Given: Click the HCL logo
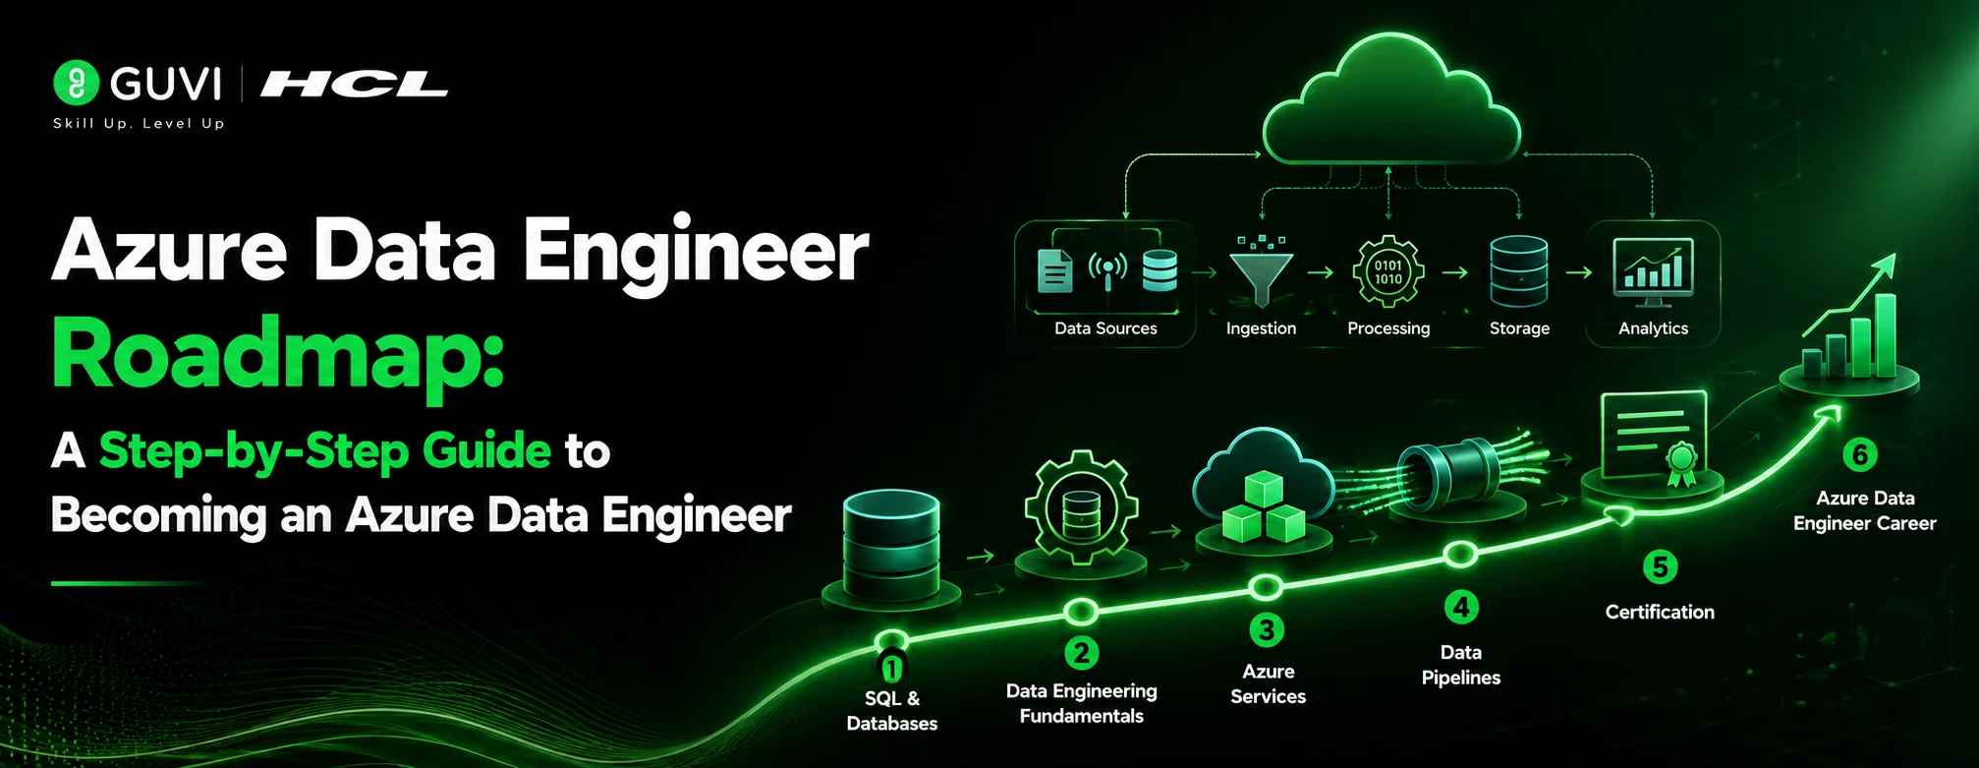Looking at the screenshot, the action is [354, 86].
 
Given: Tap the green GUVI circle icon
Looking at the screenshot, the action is [76, 83].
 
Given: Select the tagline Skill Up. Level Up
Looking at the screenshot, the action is [139, 123].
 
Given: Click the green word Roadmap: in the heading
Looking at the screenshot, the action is [278, 356].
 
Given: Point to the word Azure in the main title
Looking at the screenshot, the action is [169, 251].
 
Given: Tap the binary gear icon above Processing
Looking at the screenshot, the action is [1387, 271].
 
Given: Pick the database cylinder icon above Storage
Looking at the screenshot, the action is [1518, 271].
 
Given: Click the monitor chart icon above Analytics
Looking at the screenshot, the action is [1653, 269].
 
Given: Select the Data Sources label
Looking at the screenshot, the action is [1105, 328].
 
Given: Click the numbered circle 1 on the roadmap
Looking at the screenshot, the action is [891, 669].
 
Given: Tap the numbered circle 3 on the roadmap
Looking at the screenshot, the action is [1267, 629].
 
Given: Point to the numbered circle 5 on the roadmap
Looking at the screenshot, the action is [1660, 566].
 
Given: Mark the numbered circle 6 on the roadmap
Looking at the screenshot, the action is [1859, 454].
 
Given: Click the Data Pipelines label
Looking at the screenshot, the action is [1461, 665].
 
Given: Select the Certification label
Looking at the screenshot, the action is [1660, 612].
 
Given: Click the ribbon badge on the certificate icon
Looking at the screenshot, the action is [1680, 463].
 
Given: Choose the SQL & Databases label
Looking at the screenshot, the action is [891, 711].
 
